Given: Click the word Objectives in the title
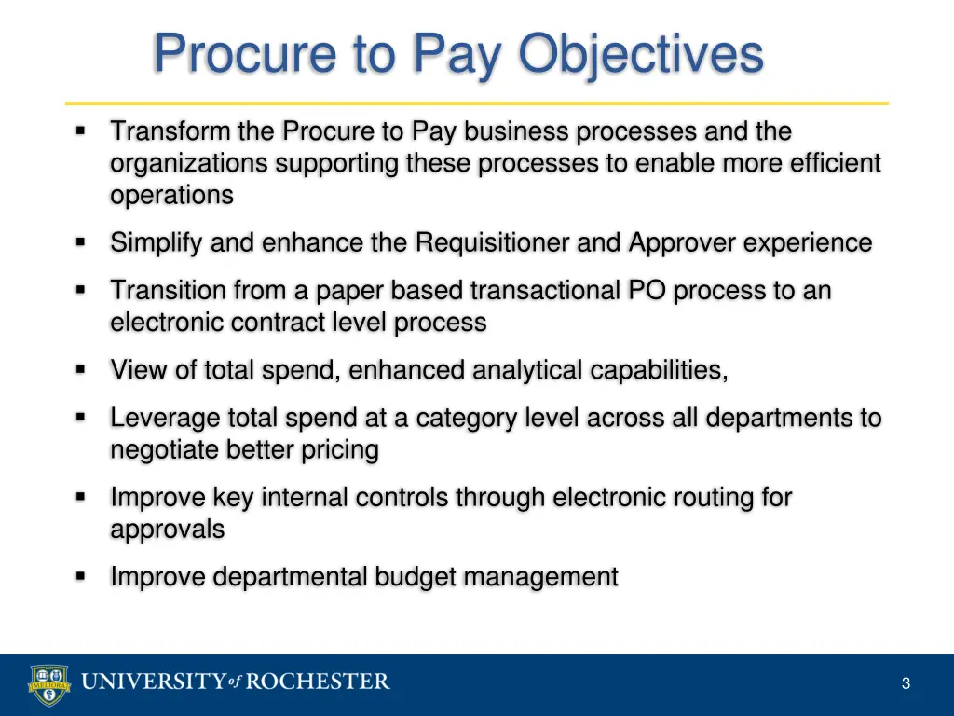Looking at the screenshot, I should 641,53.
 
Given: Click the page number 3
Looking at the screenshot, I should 906,684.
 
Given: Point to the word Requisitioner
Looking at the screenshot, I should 493,243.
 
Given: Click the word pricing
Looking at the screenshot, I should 339,450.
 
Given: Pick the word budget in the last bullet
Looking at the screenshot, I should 415,577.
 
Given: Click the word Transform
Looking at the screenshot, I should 170,132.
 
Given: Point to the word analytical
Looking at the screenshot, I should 527,371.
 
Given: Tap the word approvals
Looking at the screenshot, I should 168,530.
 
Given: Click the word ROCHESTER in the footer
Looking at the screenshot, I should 318,682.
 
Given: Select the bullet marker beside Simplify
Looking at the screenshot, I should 81,243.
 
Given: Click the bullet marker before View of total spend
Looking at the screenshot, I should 81,370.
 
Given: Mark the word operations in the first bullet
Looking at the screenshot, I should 171,196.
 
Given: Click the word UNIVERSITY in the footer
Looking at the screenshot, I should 153,682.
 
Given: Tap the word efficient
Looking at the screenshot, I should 835,164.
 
